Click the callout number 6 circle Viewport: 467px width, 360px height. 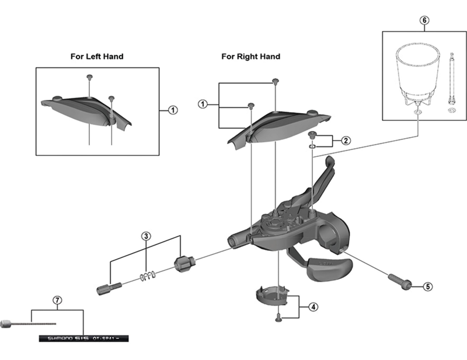(x=424, y=20)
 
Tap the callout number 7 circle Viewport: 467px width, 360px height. (x=57, y=300)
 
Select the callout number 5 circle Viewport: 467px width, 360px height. (x=428, y=286)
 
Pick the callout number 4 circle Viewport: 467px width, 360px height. (x=313, y=307)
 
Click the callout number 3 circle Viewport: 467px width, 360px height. (x=147, y=236)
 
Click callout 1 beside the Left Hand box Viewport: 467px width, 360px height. (x=173, y=109)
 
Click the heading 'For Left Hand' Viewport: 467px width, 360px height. (x=96, y=57)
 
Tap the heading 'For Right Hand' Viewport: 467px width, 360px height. (x=250, y=57)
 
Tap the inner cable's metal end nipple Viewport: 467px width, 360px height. (x=6, y=322)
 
